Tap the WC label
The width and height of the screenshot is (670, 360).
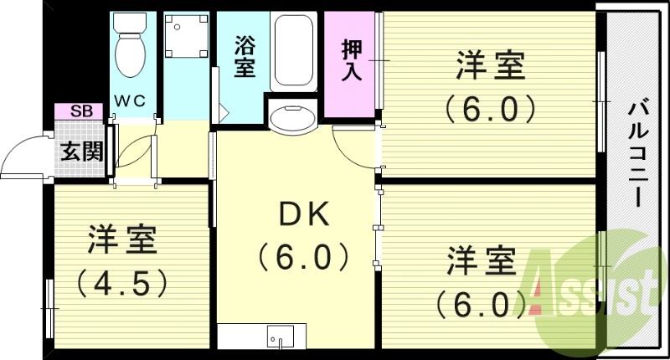(x=130, y=100)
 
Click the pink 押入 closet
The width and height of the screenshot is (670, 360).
(x=351, y=63)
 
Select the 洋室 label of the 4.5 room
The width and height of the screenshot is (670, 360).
(x=122, y=240)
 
